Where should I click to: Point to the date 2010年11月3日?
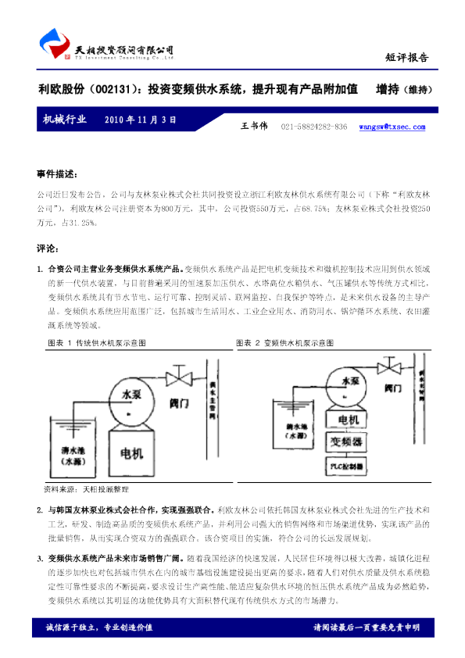(x=139, y=120)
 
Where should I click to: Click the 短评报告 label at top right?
(x=407, y=57)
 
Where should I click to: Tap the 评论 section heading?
(x=48, y=249)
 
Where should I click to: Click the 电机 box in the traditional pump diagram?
(x=129, y=453)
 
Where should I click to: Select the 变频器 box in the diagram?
(x=346, y=442)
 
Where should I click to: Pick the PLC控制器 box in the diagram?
(x=346, y=467)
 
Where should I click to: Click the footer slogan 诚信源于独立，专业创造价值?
(x=98, y=628)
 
